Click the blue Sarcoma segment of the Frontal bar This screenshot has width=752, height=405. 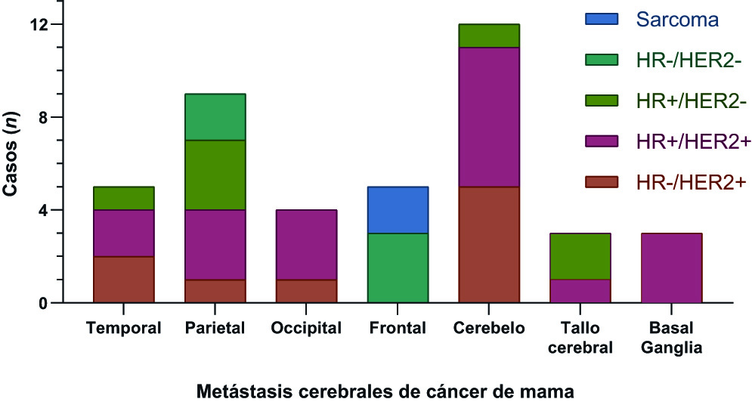point(398,210)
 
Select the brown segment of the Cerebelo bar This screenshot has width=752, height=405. point(488,245)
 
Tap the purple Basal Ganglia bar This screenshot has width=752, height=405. point(671,268)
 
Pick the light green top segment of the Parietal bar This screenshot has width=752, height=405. point(215,117)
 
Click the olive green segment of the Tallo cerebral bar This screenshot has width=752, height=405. point(580,256)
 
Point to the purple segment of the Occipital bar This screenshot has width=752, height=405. point(306,245)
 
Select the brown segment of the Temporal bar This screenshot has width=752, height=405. point(123,280)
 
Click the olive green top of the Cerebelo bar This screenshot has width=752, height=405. point(488,36)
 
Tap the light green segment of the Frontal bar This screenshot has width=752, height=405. point(398,268)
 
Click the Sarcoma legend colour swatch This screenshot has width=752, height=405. point(602,19)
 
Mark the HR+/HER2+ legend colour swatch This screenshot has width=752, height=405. point(602,141)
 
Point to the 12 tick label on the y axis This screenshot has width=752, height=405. point(39,25)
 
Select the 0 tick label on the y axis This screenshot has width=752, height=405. point(43,303)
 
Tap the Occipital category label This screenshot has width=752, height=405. point(306,329)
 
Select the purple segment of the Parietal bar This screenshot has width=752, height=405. point(215,245)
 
